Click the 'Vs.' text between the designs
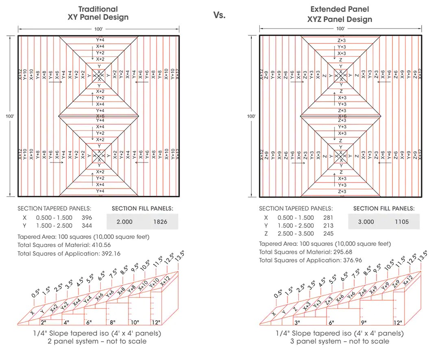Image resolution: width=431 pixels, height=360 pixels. (219, 15)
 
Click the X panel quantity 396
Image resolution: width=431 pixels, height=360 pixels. (87, 218)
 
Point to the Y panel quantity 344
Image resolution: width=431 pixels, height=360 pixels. (87, 226)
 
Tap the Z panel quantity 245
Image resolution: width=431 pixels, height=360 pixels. (328, 233)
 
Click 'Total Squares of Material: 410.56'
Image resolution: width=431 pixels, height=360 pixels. (64, 245)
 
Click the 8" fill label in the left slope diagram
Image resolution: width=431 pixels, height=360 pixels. (113, 323)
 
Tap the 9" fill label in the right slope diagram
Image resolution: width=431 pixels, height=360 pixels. (364, 323)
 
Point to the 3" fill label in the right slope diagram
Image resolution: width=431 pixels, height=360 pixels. (298, 323)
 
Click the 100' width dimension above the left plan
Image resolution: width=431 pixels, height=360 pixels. (98, 29)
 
